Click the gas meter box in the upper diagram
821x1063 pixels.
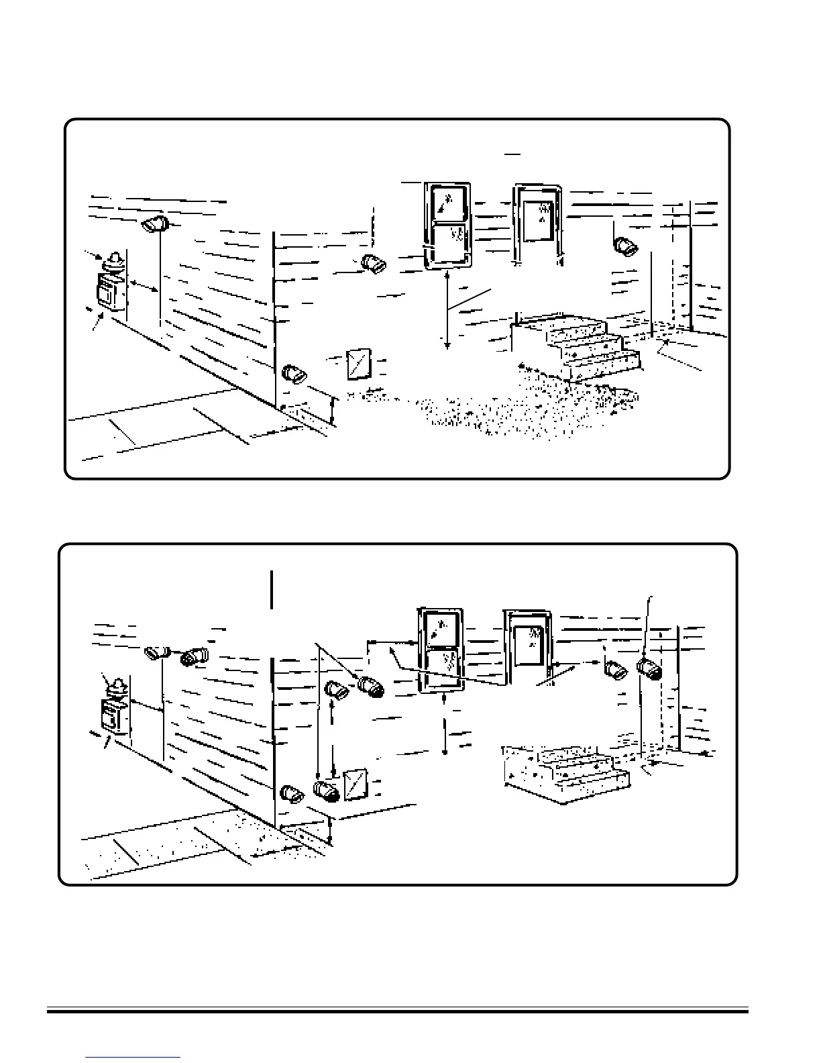tap(108, 295)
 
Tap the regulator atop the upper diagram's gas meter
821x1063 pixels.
tap(115, 261)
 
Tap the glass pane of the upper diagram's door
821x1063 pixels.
tap(540, 218)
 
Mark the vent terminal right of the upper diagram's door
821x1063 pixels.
tap(626, 246)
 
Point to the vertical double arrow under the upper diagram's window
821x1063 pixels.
tap(447, 311)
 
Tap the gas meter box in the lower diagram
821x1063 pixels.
tap(112, 717)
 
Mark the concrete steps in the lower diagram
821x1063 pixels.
tap(567, 772)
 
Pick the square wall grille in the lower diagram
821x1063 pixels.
tap(355, 784)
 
